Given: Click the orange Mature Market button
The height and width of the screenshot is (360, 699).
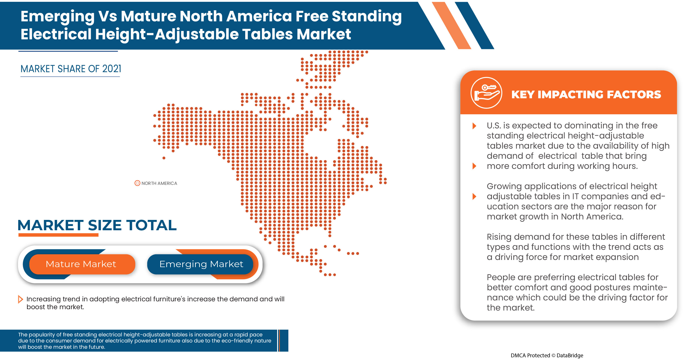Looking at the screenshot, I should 81,264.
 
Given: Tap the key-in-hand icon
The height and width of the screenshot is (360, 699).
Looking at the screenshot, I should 486,93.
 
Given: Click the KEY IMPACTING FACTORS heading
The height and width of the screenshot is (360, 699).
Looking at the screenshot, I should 586,94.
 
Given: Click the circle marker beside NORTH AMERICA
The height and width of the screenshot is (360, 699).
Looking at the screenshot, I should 137,183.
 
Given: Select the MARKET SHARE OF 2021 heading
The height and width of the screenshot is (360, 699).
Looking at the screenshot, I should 71,69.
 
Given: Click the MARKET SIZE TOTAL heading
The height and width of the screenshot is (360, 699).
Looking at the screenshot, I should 97,225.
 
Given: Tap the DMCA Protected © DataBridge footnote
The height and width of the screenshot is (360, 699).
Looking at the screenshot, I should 547,355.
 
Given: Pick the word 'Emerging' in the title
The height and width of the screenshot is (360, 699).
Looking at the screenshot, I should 58,16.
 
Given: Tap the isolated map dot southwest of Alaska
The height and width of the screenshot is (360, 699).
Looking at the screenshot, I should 164,158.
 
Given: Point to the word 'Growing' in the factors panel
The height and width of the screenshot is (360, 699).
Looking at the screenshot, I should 504,186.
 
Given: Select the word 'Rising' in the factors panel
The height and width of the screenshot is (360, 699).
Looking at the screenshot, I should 499,237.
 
